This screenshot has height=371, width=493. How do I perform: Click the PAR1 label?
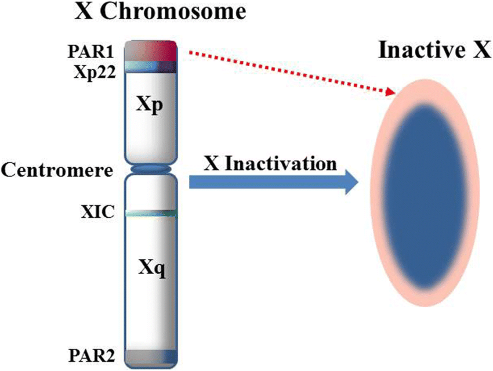[90, 52]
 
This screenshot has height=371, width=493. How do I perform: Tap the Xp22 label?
[95, 73]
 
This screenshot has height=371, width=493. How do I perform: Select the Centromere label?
[57, 170]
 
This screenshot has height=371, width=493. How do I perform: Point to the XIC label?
[97, 212]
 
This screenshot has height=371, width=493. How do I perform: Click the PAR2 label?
[92, 355]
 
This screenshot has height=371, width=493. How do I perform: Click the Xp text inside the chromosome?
[149, 105]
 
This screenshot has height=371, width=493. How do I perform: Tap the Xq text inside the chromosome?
[152, 269]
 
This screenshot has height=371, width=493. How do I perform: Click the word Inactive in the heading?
[422, 50]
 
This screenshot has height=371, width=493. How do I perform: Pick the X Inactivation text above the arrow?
[270, 164]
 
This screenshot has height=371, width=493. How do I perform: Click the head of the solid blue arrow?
[351, 182]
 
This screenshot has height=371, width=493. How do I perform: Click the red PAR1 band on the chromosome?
[151, 51]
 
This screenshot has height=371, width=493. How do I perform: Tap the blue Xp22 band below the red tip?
[151, 67]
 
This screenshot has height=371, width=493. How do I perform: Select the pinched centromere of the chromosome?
[151, 169]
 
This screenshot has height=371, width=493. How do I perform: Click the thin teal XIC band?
[151, 214]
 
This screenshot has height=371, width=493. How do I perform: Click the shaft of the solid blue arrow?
[267, 182]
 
